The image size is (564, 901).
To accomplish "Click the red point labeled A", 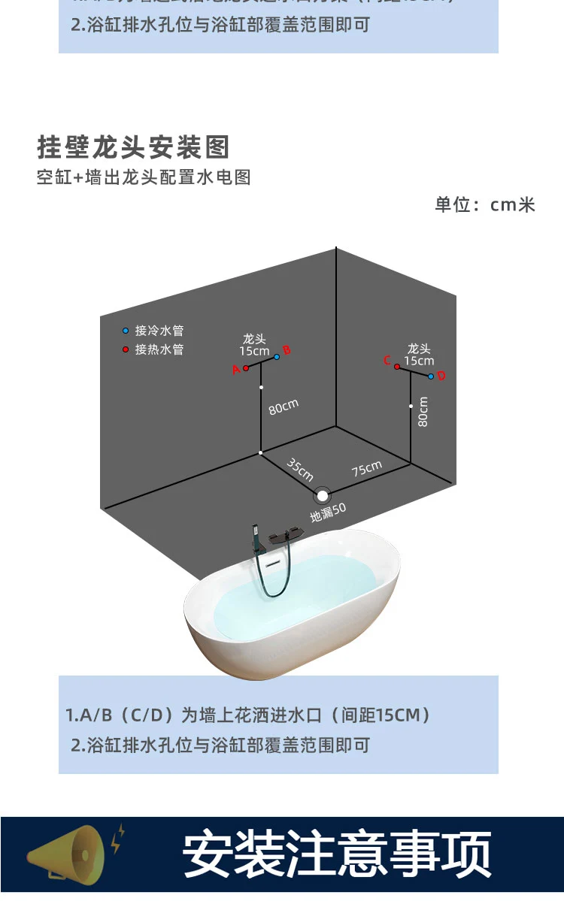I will pyautogui.click(x=246, y=368).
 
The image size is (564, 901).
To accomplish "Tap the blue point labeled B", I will pyautogui.click(x=277, y=356).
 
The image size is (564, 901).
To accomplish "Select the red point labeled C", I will pyautogui.click(x=397, y=367).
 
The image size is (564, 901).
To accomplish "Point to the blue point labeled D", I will pyautogui.click(x=431, y=376).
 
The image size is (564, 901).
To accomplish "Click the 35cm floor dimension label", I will pyautogui.click(x=300, y=469).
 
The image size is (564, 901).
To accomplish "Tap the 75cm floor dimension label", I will pyautogui.click(x=367, y=469).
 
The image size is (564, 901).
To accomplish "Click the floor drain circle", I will pyautogui.click(x=323, y=495).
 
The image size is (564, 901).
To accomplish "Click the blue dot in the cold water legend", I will pyautogui.click(x=126, y=331).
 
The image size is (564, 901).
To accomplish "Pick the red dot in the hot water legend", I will pyautogui.click(x=126, y=349).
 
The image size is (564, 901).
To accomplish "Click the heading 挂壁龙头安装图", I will pyautogui.click(x=133, y=147).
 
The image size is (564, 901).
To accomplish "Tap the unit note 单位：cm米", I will pyautogui.click(x=485, y=204).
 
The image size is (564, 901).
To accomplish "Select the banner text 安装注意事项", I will pyautogui.click(x=338, y=854).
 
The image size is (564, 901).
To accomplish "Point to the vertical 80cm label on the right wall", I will pyautogui.click(x=423, y=412).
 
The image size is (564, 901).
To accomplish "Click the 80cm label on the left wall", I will pyautogui.click(x=283, y=407).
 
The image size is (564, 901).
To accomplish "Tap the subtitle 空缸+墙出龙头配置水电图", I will pyautogui.click(x=144, y=178).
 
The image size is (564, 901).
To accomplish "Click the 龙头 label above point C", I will pyautogui.click(x=419, y=349).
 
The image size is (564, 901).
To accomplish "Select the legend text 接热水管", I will pyautogui.click(x=159, y=349).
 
